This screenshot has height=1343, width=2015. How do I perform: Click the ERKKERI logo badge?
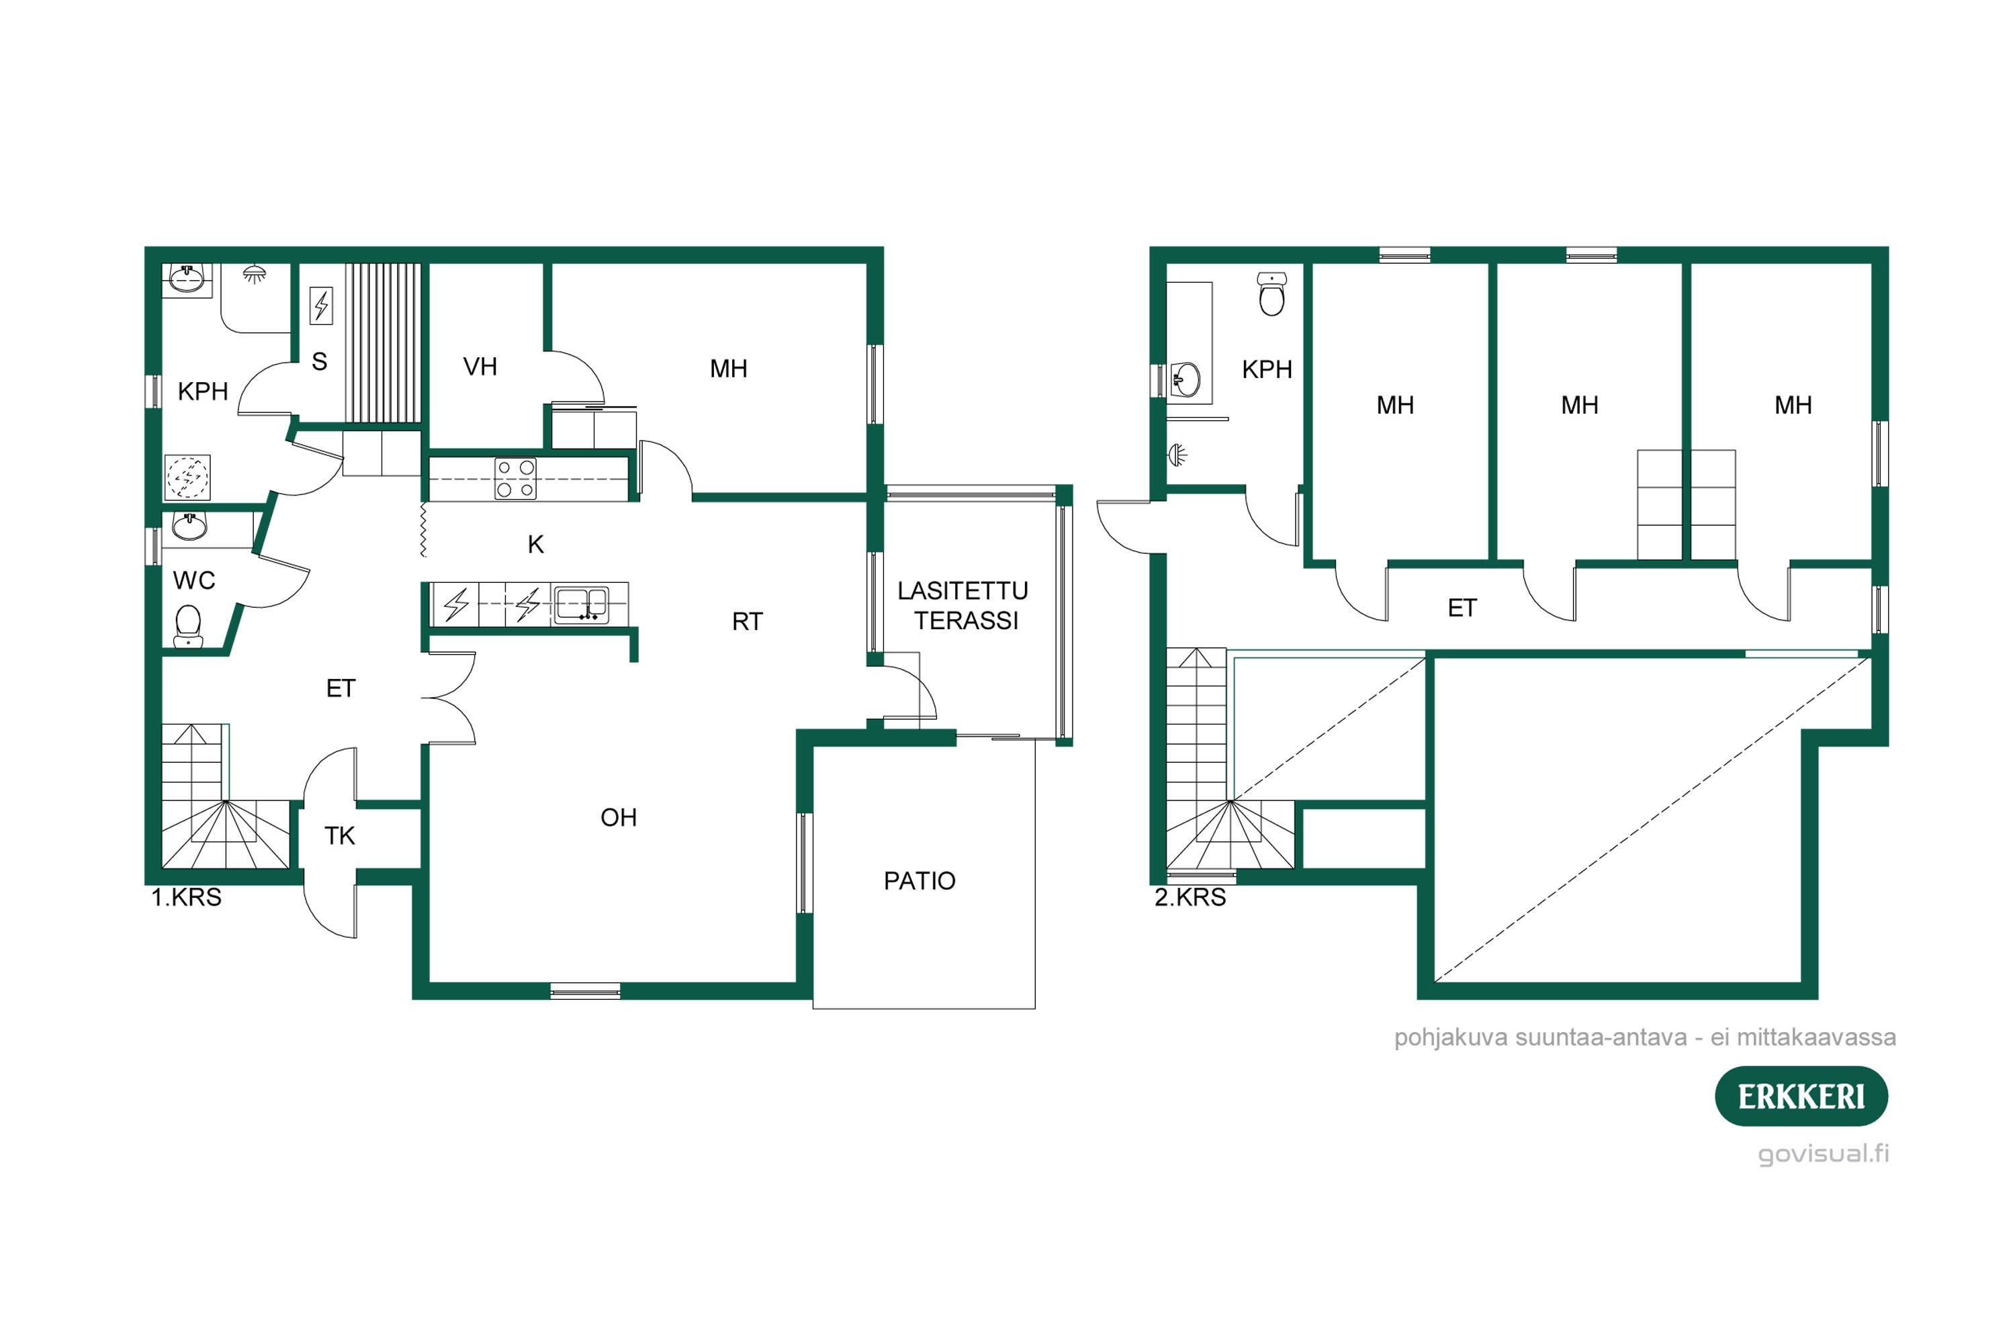1801,1097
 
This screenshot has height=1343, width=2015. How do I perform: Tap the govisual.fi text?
1823,1154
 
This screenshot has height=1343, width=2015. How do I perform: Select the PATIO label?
920,880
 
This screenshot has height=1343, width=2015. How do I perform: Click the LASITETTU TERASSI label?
963,606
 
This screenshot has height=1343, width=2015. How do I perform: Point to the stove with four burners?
516,479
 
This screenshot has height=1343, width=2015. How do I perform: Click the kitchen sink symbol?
582,604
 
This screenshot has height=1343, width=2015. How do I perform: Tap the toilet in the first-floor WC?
187,626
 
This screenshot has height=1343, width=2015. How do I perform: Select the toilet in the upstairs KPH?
1271,295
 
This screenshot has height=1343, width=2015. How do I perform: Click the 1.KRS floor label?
186,898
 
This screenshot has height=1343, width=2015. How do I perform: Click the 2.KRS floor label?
1190,898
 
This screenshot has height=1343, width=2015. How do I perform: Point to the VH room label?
480,367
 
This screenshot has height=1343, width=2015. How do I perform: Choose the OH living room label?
618,817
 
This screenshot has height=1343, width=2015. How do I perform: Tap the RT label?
747,622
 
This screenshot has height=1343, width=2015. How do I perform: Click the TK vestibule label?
339,836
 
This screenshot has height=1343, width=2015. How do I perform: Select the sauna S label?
320,361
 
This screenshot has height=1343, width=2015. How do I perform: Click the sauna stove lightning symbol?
321,305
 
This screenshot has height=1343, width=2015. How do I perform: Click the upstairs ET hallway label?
1462,608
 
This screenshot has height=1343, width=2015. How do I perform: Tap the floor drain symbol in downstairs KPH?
187,477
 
